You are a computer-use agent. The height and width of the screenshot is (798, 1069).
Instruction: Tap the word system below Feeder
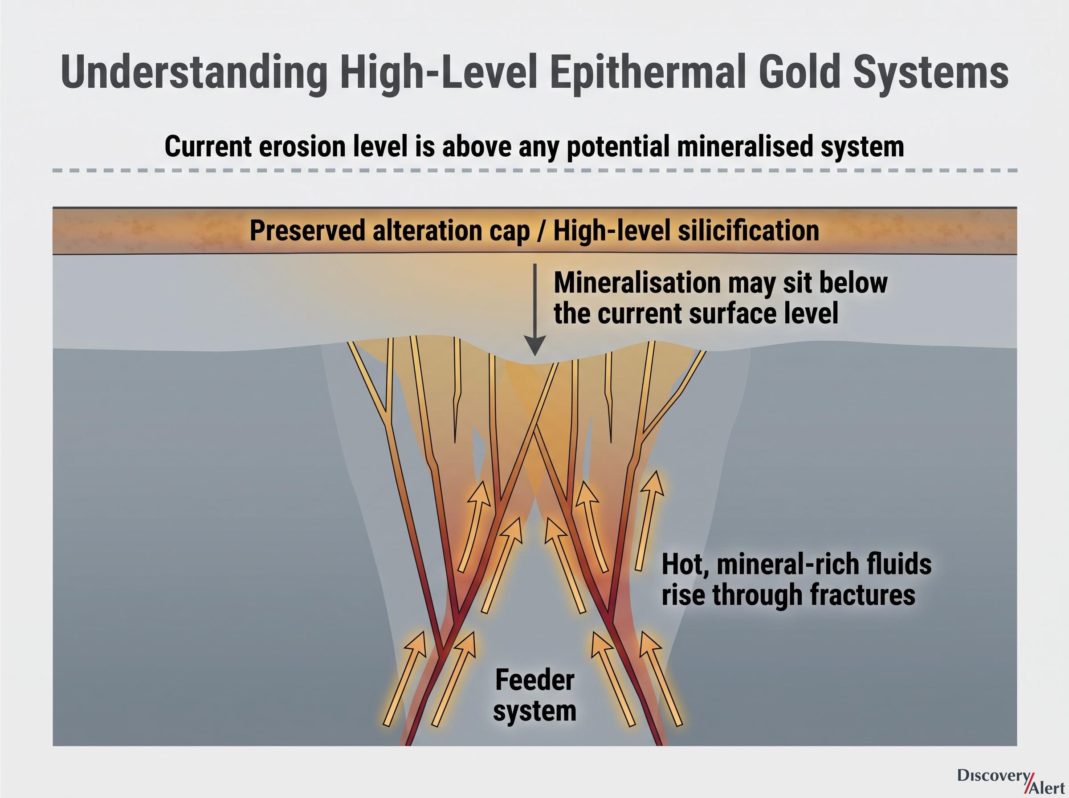coord(535,712)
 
